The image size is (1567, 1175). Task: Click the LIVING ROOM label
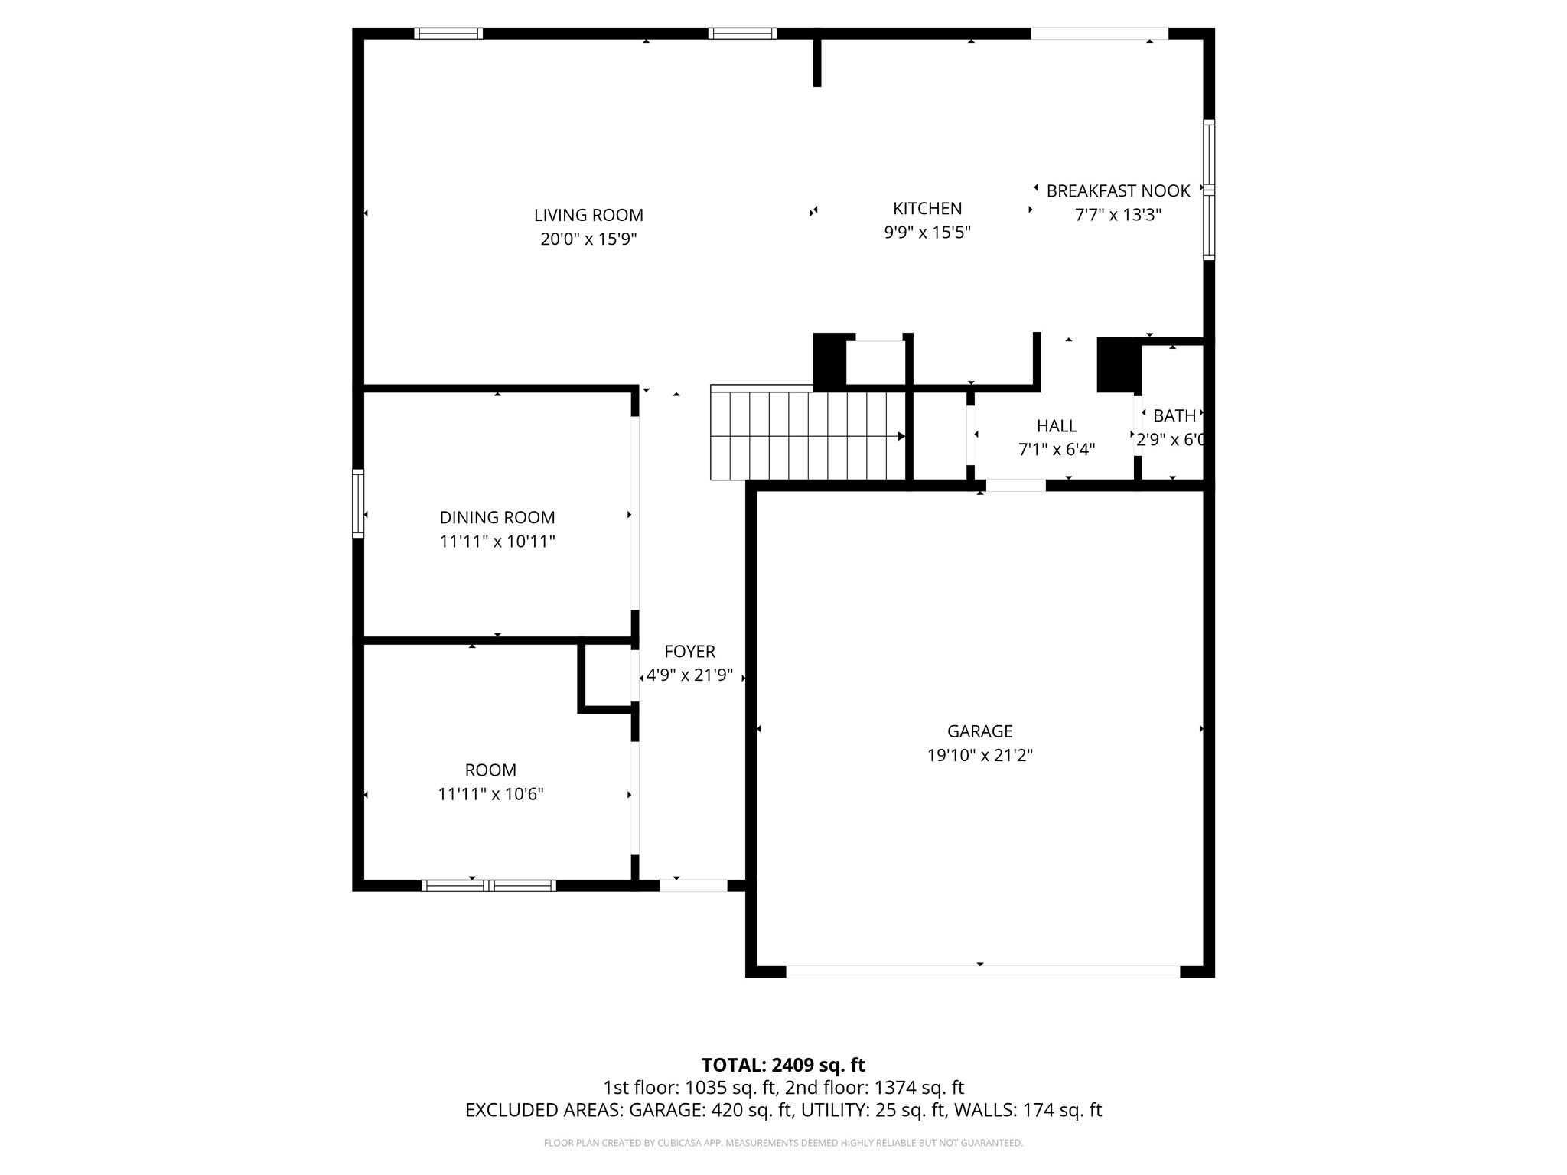click(588, 216)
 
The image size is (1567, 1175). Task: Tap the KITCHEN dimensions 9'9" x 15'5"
click(927, 233)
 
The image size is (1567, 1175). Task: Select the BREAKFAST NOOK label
click(1118, 191)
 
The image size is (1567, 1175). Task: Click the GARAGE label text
click(979, 731)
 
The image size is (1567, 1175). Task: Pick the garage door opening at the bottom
click(982, 972)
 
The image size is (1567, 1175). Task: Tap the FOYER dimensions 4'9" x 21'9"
click(689, 675)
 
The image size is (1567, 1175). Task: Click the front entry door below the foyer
click(693, 886)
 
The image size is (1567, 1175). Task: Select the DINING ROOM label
click(497, 518)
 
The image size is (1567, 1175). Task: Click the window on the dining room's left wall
click(358, 503)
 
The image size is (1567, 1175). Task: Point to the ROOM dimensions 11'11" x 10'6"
click(490, 794)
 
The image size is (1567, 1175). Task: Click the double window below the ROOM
click(489, 886)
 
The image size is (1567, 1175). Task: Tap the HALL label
click(1057, 426)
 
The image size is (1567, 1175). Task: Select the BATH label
click(1174, 416)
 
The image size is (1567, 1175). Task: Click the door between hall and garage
click(1015, 485)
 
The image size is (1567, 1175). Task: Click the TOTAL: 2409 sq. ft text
click(783, 1065)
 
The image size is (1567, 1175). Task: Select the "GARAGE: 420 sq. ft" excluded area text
click(710, 1110)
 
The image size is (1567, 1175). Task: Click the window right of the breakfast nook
click(1209, 189)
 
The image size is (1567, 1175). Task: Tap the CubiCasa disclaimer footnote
click(783, 1143)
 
